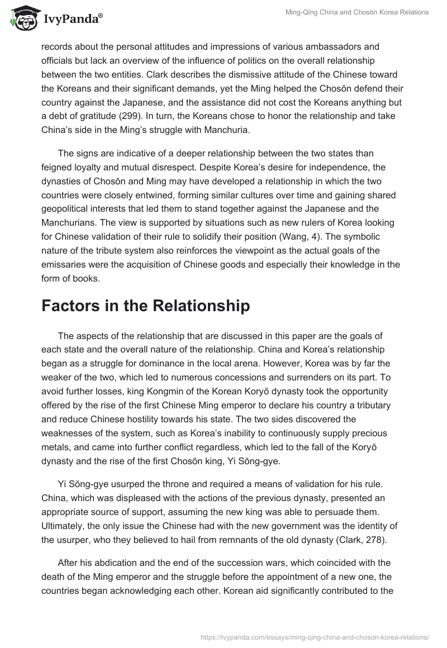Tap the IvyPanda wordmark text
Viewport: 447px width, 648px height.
tap(72, 20)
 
